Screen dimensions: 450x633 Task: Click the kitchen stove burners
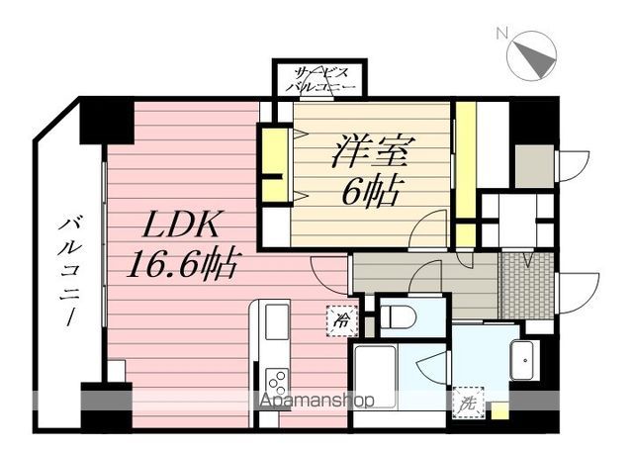[276, 382]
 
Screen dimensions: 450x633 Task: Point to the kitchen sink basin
[276, 322]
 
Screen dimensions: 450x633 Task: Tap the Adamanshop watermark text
[316, 402]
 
